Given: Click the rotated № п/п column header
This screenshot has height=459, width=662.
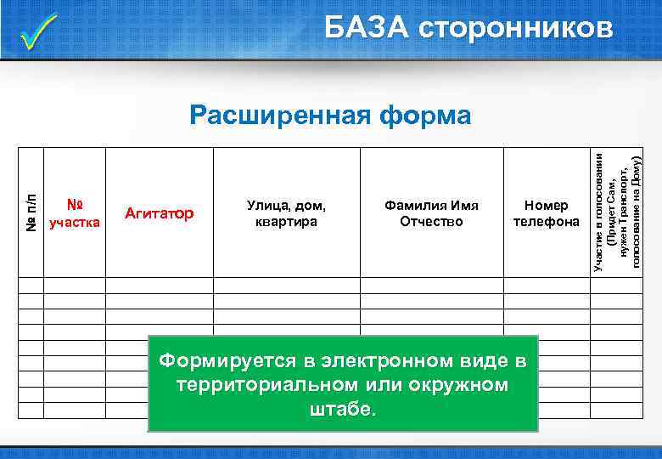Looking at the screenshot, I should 30,212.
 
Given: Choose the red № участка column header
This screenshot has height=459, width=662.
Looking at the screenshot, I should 76,213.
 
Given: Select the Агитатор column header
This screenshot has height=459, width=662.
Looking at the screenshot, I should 159,212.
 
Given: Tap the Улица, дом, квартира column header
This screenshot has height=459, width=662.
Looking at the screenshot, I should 286,213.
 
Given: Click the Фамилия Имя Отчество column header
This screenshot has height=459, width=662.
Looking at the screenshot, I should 432,213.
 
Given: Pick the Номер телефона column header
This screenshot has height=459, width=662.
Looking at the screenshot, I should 547,213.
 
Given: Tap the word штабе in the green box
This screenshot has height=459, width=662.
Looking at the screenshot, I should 343,409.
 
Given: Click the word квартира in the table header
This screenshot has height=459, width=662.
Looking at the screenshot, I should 286,222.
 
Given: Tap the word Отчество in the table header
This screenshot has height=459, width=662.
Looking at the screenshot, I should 432,222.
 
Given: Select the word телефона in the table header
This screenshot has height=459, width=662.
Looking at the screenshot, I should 547,222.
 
